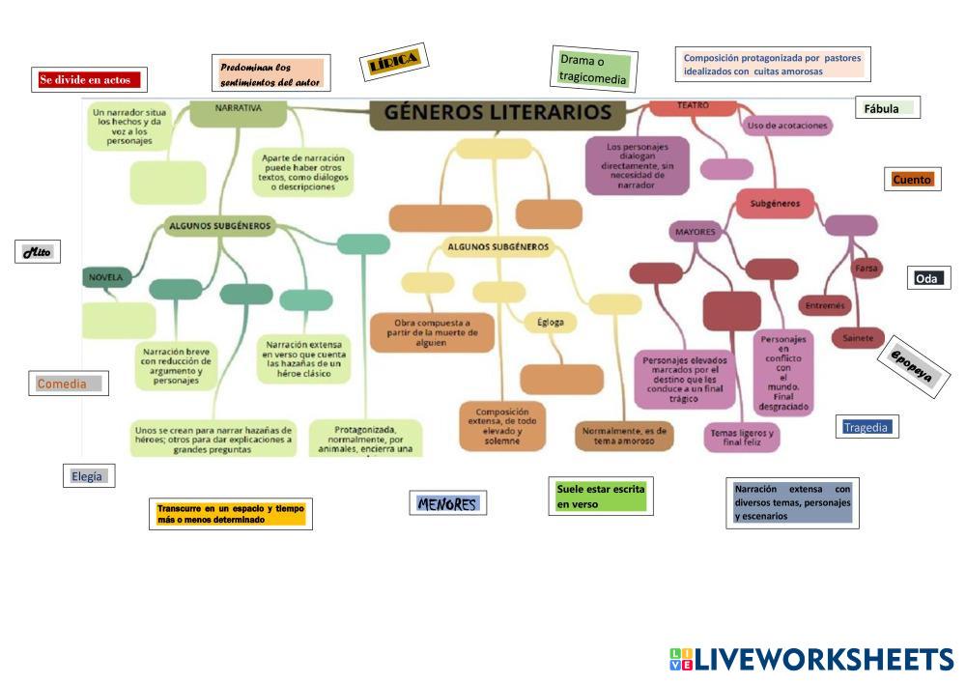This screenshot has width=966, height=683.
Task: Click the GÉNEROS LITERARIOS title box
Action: (497, 112)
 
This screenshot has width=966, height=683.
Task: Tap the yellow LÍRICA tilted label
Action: (393, 63)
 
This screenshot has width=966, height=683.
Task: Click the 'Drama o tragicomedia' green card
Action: (593, 70)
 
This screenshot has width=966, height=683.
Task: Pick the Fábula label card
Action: (886, 108)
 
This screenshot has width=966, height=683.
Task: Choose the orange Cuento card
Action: (912, 180)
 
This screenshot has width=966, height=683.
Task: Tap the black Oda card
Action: (927, 278)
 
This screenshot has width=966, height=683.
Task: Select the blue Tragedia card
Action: (866, 427)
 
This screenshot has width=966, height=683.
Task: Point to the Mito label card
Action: (39, 252)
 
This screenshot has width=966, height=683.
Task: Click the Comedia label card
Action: (68, 384)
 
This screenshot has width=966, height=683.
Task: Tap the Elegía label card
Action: (87, 475)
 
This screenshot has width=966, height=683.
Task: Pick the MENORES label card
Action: (447, 503)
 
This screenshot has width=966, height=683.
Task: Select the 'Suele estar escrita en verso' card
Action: (600, 497)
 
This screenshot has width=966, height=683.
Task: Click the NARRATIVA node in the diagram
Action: (238, 110)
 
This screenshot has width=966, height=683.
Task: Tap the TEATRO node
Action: (693, 105)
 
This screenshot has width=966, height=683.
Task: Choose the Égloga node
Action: (551, 322)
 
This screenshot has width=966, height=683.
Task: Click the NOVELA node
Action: (106, 277)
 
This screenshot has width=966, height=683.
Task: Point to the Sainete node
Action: (857, 338)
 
